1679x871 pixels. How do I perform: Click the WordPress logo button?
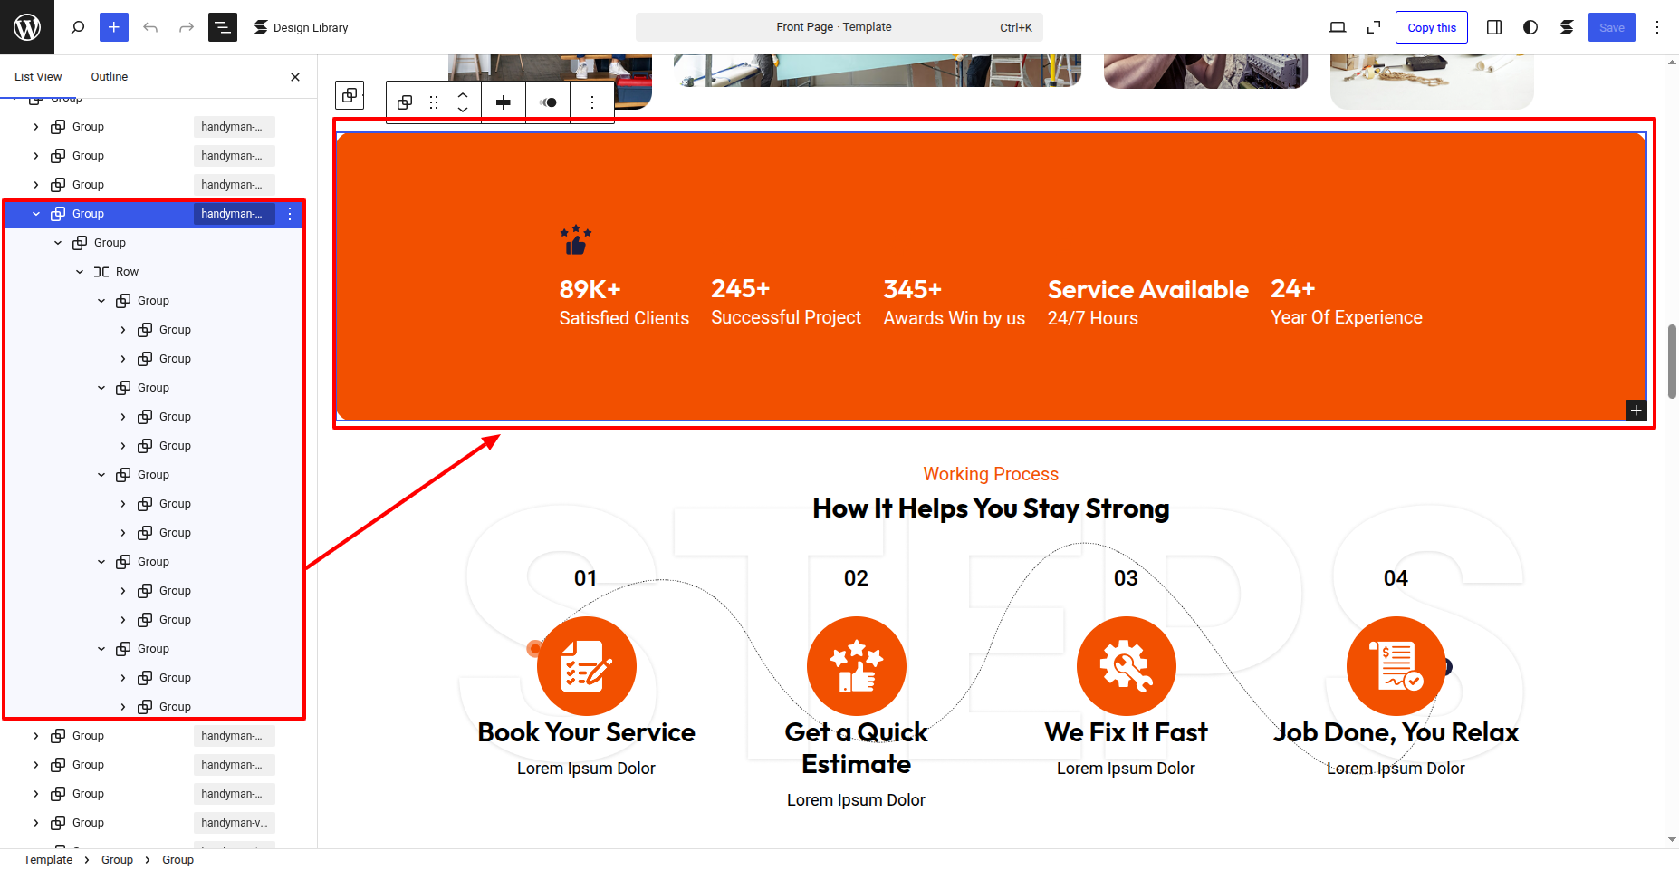(x=27, y=27)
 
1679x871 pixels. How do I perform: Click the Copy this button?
(x=1432, y=27)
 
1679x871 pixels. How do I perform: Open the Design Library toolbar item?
(x=301, y=27)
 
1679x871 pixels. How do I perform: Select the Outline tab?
(x=110, y=77)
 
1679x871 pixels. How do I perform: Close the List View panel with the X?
(x=295, y=77)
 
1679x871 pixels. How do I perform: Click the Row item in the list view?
(x=127, y=272)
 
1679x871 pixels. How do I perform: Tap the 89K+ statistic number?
(x=590, y=289)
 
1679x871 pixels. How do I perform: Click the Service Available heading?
(x=1147, y=289)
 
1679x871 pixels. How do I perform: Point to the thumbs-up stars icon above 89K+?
(x=575, y=240)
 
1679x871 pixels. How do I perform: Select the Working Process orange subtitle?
(x=991, y=474)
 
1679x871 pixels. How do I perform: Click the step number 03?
(x=1126, y=578)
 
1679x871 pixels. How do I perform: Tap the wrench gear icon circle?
(x=1126, y=666)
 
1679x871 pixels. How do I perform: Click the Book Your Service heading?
(x=586, y=732)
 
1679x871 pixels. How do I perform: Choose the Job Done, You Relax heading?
(x=1396, y=732)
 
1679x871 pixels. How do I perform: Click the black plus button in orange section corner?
(x=1636, y=411)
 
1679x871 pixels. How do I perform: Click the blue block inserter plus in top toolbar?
(x=114, y=27)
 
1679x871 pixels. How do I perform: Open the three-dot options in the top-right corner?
(x=1657, y=27)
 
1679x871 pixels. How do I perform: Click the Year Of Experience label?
(x=1346, y=317)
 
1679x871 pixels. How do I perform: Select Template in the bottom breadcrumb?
(x=48, y=860)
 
